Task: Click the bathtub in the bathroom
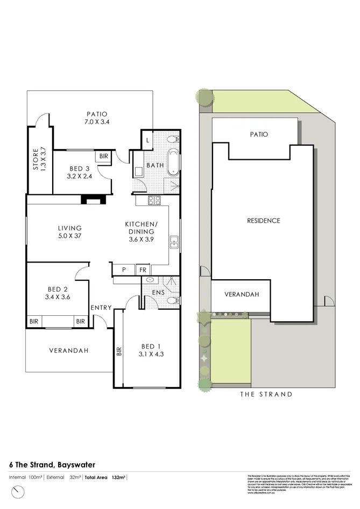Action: pos(173,163)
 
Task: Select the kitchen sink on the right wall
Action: pos(174,242)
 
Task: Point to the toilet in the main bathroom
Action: pos(172,140)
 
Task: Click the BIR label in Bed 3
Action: pos(103,157)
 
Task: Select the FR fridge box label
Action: pos(143,270)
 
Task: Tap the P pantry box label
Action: pos(123,270)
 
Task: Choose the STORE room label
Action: pos(36,159)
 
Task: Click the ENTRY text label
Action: pos(101,308)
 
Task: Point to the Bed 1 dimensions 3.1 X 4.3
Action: pos(152,354)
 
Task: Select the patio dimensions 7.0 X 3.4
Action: pos(97,122)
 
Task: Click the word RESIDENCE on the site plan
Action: pos(263,221)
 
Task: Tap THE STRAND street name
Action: pos(266,394)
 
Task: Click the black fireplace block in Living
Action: pos(91,200)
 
